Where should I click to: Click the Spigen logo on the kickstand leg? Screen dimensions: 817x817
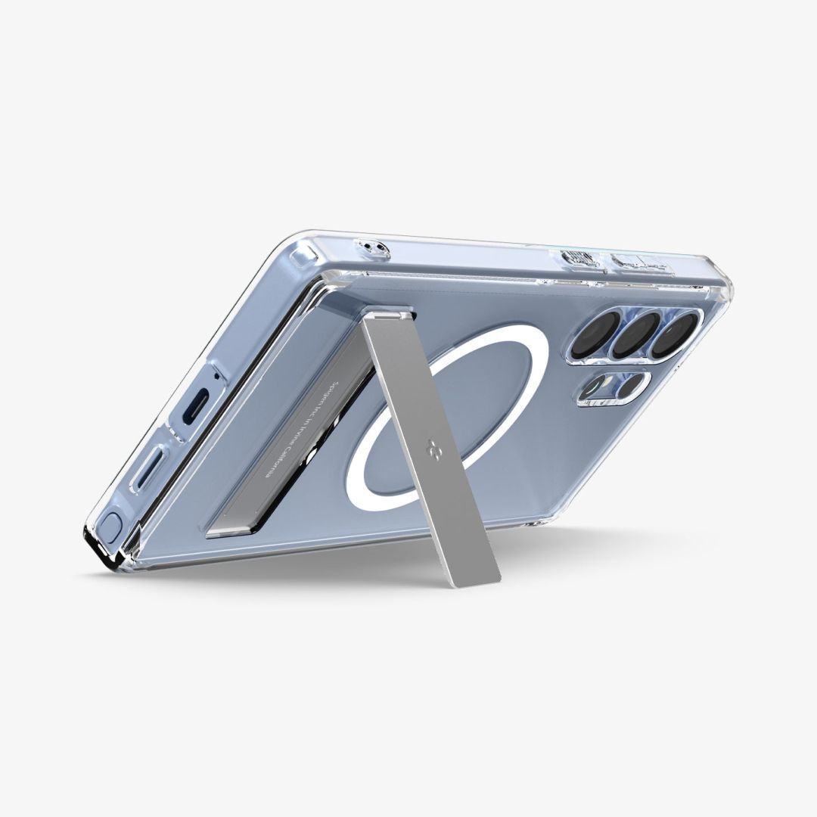pos(434,445)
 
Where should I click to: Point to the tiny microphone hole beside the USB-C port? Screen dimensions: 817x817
pos(217,376)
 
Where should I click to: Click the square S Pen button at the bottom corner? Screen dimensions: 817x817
pos(110,523)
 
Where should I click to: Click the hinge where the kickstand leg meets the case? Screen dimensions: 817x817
pos(387,313)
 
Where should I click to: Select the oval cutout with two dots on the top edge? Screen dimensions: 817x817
pos(372,247)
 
